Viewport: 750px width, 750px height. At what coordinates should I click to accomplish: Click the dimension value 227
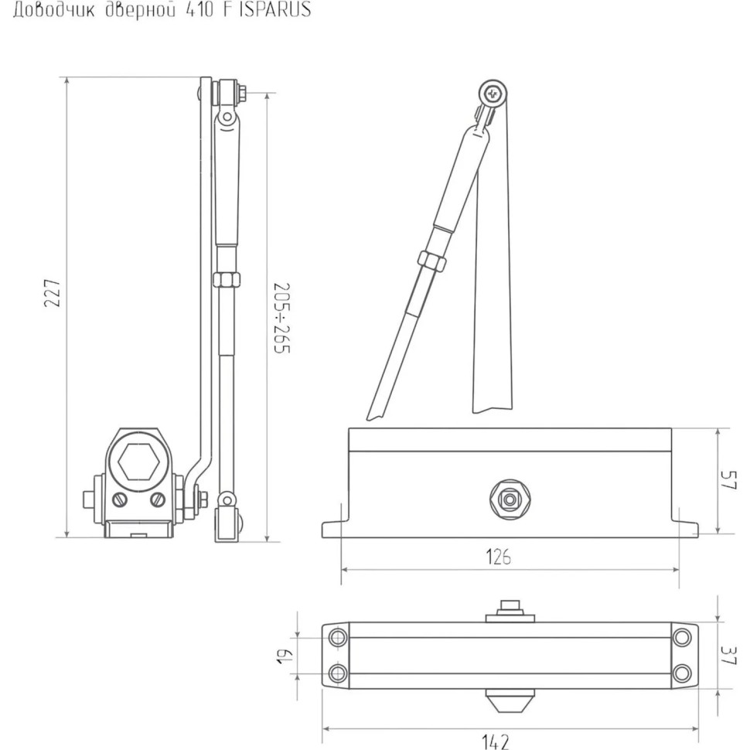pyautogui.click(x=52, y=294)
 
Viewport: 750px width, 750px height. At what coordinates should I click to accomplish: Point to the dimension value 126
pyautogui.click(x=498, y=556)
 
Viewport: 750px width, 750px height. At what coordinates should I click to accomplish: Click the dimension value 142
pyautogui.click(x=496, y=741)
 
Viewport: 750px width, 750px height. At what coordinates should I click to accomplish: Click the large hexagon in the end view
pyautogui.click(x=139, y=462)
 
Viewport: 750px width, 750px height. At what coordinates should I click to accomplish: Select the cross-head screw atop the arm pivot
pyautogui.click(x=493, y=94)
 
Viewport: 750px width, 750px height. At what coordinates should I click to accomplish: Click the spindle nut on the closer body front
pyautogui.click(x=509, y=499)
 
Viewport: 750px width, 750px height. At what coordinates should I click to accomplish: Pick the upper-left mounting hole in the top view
pyautogui.click(x=338, y=638)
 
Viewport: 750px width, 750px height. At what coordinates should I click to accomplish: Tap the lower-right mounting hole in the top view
pyautogui.click(x=681, y=673)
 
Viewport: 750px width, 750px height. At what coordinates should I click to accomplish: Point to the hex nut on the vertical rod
pyautogui.click(x=226, y=279)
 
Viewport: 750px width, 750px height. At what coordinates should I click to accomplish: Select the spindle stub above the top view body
pyautogui.click(x=509, y=608)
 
